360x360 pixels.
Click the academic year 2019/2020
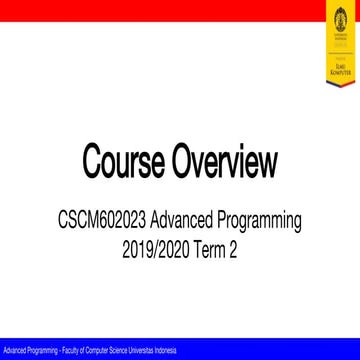tap(150, 241)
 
